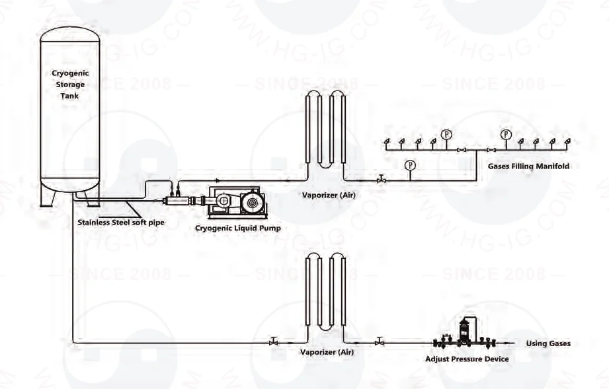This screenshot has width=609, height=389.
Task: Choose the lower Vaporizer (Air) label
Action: click(327, 352)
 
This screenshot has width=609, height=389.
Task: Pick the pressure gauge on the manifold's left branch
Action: click(447, 135)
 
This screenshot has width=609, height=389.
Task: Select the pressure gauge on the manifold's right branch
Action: click(506, 135)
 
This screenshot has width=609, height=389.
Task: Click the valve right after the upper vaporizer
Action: click(381, 180)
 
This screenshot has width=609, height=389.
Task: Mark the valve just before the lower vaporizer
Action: click(273, 343)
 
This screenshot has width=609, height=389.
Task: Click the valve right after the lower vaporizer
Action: click(379, 343)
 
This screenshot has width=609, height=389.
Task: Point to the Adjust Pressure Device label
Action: click(467, 359)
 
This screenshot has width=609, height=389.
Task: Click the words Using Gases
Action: click(548, 343)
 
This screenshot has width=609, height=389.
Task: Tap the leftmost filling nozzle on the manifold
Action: click(387, 141)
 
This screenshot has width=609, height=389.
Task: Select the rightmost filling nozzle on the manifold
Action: click(567, 141)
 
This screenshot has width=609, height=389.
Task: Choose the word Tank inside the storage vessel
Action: click(69, 96)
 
